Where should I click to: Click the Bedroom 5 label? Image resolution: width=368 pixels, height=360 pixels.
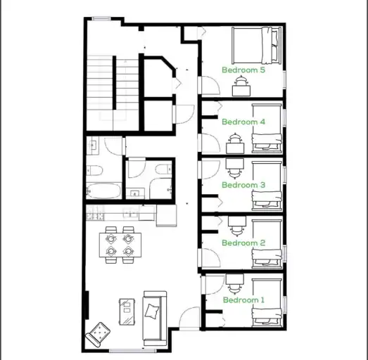coord(243,70)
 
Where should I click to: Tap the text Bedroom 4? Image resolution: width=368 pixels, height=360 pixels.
coord(243,122)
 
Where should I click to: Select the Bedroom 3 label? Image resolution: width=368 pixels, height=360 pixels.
coord(243,185)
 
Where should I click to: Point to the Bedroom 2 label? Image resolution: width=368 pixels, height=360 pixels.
coord(243,243)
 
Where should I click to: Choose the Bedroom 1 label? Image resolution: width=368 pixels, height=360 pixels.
coord(243,300)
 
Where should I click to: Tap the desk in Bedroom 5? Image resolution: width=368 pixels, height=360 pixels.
coord(241,86)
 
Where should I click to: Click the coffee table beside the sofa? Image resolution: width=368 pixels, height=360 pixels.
coord(127,311)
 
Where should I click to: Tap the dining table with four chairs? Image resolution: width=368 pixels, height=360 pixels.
coord(120,243)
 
